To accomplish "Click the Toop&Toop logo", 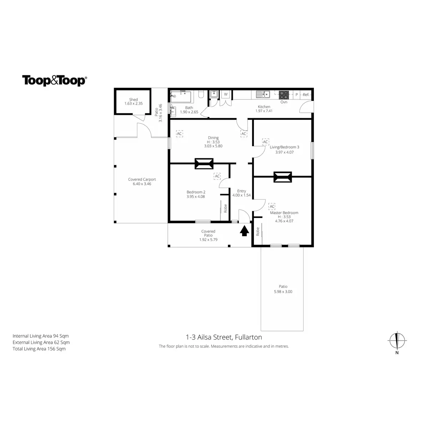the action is pyautogui.click(x=54, y=80).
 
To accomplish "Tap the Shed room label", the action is pyautogui.click(x=133, y=100).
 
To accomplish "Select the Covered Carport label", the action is pyautogui.click(x=142, y=179).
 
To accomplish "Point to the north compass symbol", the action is pyautogui.click(x=397, y=340).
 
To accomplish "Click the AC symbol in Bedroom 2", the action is pyautogui.click(x=217, y=176).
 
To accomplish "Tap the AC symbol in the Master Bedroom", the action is pyautogui.click(x=272, y=206).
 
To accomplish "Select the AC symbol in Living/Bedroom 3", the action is pyautogui.click(x=265, y=142).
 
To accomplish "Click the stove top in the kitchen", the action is pyautogui.click(x=284, y=95).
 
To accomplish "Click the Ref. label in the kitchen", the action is pyautogui.click(x=306, y=95).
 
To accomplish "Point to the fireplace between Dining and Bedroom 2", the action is pyautogui.click(x=204, y=164).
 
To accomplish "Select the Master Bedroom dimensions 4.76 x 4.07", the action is pyautogui.click(x=284, y=221).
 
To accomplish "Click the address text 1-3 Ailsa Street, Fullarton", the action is pyautogui.click(x=224, y=337).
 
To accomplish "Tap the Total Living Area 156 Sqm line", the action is pyautogui.click(x=39, y=349).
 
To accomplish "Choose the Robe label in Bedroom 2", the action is pyautogui.click(x=225, y=208).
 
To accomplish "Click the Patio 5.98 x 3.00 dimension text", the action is pyautogui.click(x=283, y=291).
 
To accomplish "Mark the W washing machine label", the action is pyautogui.click(x=225, y=95).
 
